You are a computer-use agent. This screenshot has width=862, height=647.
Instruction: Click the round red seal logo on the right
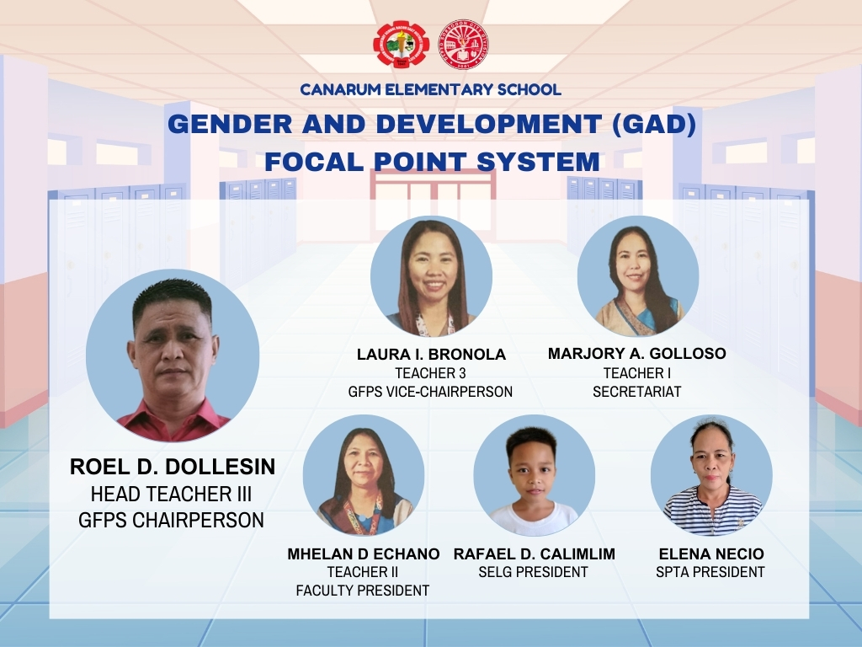point(464,44)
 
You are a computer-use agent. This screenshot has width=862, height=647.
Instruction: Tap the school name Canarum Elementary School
point(430,89)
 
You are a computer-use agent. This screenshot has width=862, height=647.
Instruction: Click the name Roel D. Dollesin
point(173,467)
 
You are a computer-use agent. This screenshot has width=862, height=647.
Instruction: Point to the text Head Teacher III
point(171,494)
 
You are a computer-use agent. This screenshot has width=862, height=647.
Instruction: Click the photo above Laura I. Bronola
point(431,276)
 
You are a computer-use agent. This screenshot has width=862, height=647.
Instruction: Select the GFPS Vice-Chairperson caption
point(430,392)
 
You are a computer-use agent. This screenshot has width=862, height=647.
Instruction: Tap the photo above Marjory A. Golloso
point(638,276)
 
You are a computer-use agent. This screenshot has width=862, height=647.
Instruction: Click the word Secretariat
point(636,392)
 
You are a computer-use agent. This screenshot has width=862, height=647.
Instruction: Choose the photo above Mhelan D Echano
point(364,475)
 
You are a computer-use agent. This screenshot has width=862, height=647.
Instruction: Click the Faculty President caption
point(363,591)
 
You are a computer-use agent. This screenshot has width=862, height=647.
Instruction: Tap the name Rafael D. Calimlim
point(535,554)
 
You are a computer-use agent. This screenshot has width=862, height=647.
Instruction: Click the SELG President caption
point(533,572)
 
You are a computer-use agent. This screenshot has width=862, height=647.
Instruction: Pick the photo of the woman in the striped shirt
point(711,475)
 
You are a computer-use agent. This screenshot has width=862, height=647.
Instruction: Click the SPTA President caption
point(710,572)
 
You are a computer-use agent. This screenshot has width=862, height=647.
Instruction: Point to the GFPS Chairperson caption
point(171,520)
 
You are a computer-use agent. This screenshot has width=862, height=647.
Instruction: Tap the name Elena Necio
point(711,554)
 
